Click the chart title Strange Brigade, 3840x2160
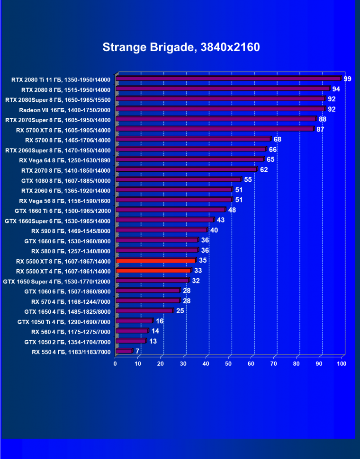pos(181,48)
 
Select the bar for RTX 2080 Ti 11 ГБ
pos(228,79)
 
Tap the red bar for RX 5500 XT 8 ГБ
pos(155,260)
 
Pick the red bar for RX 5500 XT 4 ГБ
pos(153,271)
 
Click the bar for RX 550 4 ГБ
pos(124,351)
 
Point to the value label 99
pos(347,79)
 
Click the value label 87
pos(320,129)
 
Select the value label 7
pos(137,351)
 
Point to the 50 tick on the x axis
pos(229,363)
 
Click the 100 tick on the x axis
pos(341,363)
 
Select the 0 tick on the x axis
pos(115,363)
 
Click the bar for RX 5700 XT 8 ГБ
pos(215,129)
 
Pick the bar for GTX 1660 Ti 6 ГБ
pos(171,210)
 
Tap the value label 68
pos(278,139)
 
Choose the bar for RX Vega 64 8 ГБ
pos(189,159)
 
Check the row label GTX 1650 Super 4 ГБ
pos(56,281)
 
